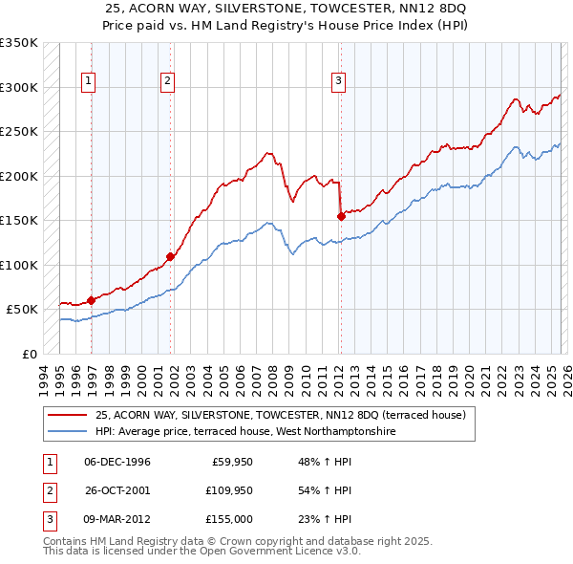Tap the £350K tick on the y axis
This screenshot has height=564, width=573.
[19, 44]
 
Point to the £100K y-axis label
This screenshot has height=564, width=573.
[19, 265]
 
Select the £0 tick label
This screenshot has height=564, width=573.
[29, 354]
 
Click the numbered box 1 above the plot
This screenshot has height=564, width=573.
[88, 82]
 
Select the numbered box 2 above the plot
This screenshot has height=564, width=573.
[167, 82]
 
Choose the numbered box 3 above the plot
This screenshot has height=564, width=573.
[338, 82]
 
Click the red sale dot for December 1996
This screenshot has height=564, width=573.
[91, 300]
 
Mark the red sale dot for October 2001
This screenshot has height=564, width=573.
[171, 256]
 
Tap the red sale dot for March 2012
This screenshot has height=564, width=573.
[341, 217]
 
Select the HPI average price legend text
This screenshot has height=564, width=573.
[245, 431]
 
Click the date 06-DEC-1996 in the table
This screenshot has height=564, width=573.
[117, 462]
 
